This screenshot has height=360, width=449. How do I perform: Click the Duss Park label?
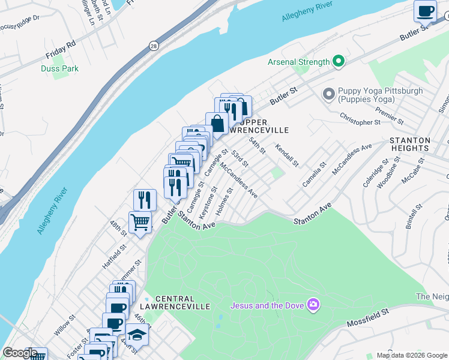[x=59, y=69]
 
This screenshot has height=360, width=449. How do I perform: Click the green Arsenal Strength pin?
[x=339, y=61]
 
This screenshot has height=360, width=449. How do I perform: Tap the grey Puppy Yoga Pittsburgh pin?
[x=328, y=94]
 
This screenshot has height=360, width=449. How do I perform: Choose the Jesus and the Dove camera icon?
[x=312, y=305]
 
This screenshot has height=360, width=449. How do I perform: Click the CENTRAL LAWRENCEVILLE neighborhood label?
[x=182, y=302]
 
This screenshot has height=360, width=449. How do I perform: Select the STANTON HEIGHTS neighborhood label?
[x=409, y=143]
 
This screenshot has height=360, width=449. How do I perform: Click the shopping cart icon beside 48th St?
[x=140, y=222]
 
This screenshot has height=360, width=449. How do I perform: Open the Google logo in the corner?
[x=20, y=353]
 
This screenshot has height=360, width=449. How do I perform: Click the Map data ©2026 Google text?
[x=412, y=355]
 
